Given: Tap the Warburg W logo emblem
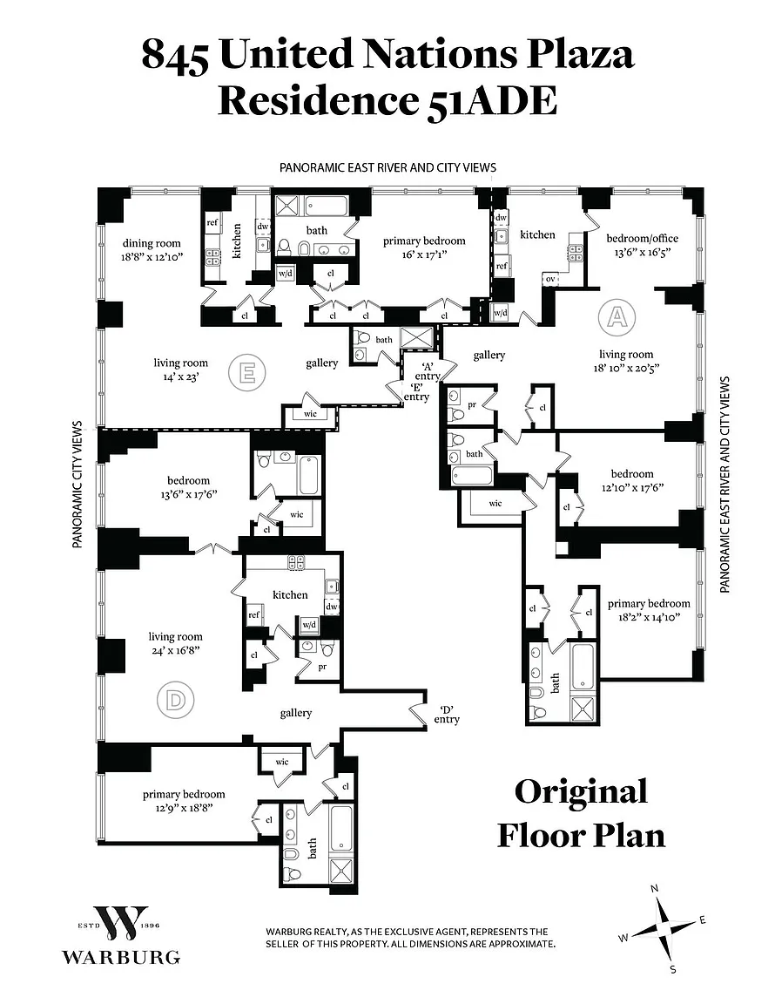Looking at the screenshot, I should click(x=120, y=923).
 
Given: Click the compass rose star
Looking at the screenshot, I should click(x=663, y=926).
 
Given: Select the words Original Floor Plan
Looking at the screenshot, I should click(x=581, y=812).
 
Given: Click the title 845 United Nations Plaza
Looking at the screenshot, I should click(x=387, y=55).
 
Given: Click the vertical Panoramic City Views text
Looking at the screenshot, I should click(x=77, y=484).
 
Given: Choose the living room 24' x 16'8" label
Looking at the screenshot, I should click(x=175, y=643).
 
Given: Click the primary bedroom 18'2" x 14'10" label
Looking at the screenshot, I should click(x=649, y=610).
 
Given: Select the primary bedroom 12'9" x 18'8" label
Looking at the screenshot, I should click(x=184, y=800).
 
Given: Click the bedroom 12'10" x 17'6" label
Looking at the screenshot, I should click(x=631, y=481).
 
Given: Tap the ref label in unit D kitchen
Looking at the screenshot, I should click(x=254, y=614).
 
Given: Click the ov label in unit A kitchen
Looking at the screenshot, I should click(x=549, y=279).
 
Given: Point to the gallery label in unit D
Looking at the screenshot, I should click(x=296, y=713).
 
